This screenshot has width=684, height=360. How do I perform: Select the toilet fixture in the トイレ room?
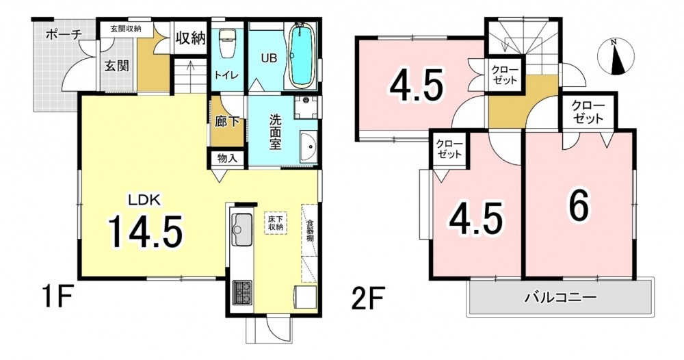tap(226, 43)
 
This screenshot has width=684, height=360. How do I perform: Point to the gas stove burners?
tap(242, 293)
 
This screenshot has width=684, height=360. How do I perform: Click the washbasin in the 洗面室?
tap(309, 148)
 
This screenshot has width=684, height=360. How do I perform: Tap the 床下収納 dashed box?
tap(276, 223)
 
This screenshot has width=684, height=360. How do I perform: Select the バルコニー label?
tap(560, 298)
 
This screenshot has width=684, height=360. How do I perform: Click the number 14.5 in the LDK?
tap(144, 231)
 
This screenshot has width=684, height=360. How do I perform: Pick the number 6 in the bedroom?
tap(579, 207)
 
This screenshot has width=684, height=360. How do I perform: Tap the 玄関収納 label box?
tap(126, 29)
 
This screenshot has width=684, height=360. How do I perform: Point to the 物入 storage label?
tap(227, 158)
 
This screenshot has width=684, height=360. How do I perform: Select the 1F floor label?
tap(57, 298)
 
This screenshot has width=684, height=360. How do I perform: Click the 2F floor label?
tap(367, 298)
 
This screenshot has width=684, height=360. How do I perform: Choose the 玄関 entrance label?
tap(116, 66)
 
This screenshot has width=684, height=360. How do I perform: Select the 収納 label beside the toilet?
tap(191, 38)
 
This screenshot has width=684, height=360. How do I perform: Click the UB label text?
tap(269, 57)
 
